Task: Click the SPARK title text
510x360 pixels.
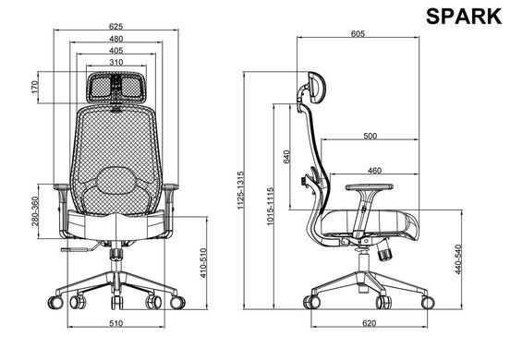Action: coord(464,17)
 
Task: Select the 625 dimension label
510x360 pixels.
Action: coord(115,27)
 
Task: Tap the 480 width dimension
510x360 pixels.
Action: coord(116,39)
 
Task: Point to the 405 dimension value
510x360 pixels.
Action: coord(116,51)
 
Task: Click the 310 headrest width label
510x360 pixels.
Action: coord(116,62)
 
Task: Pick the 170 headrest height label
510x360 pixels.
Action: coord(35,87)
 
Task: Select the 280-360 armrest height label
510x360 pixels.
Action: coord(35,211)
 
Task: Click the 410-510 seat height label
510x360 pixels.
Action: coord(203,263)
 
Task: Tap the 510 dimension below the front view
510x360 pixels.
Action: coord(116,323)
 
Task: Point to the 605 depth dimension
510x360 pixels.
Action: coord(358,33)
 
